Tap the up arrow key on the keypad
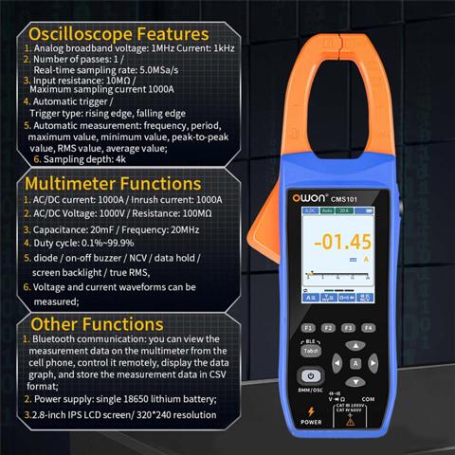pos(355,347)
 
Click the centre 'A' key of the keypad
pos(355,364)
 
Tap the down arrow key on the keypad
pos(355,381)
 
